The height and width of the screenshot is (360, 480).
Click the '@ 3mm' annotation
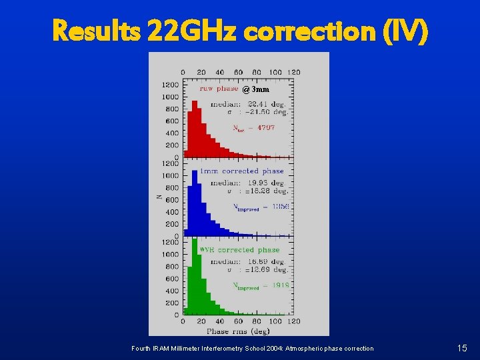(256, 89)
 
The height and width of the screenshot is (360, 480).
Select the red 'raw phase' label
(219, 89)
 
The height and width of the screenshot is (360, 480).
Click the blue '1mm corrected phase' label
(241, 171)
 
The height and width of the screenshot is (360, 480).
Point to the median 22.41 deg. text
(249, 103)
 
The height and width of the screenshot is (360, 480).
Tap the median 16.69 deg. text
(249, 261)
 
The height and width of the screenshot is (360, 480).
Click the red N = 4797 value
(253, 127)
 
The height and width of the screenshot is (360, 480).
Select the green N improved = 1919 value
(261, 285)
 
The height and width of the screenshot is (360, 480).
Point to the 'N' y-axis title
(158, 197)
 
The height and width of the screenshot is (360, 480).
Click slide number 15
(462, 348)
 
